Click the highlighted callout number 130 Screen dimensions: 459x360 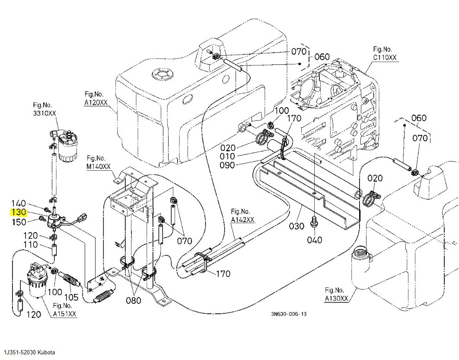pos(19,212)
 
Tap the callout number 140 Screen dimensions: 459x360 pos(19,203)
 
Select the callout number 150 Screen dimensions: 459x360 pos(19,222)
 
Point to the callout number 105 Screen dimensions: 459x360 pos(71,297)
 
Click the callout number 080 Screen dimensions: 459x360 pos(134,300)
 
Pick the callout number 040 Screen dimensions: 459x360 pos(315,240)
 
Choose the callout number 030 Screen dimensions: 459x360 pos(296,226)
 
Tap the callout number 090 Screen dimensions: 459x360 pos(227,166)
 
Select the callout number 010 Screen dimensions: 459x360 pos(227,156)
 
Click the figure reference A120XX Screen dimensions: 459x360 pos(96,102)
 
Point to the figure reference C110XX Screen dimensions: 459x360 pos(385,57)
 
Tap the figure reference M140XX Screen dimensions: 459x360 pos(99,166)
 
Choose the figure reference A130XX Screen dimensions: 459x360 pos(336,298)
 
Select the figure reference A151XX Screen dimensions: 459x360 pos(64,314)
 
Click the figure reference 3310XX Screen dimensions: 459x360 pos(44,113)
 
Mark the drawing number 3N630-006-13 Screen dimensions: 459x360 pos(289,314)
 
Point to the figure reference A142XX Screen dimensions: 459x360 pos(242,220)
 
